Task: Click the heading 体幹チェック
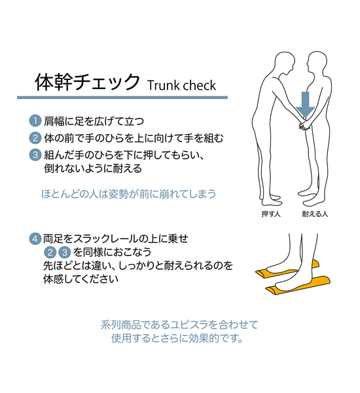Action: (x=87, y=83)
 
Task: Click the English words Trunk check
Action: (x=181, y=85)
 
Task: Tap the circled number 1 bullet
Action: (x=35, y=121)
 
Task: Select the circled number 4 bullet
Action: (x=35, y=238)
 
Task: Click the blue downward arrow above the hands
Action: (x=304, y=103)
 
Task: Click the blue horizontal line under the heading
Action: (x=122, y=98)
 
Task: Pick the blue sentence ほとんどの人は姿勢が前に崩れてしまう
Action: (x=128, y=195)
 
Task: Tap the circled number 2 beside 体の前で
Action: (x=35, y=138)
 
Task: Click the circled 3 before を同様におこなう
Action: (x=64, y=252)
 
